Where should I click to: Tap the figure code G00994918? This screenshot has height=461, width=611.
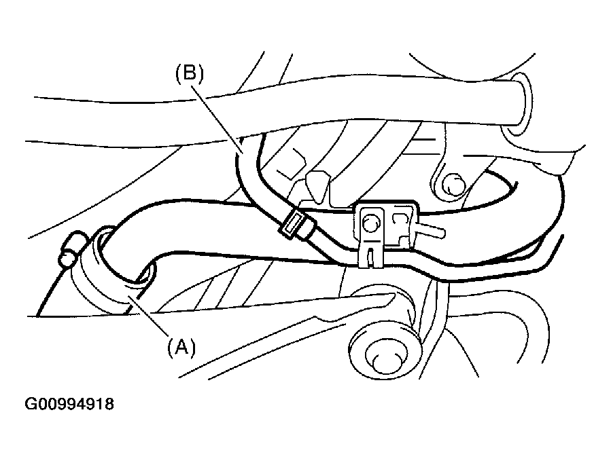[x=69, y=405]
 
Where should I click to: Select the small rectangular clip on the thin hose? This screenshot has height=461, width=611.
[x=293, y=223]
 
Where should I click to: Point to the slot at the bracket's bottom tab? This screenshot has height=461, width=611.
[x=368, y=256]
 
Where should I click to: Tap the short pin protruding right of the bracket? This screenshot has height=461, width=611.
[x=432, y=231]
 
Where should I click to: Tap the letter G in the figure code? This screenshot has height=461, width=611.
[x=31, y=405]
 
